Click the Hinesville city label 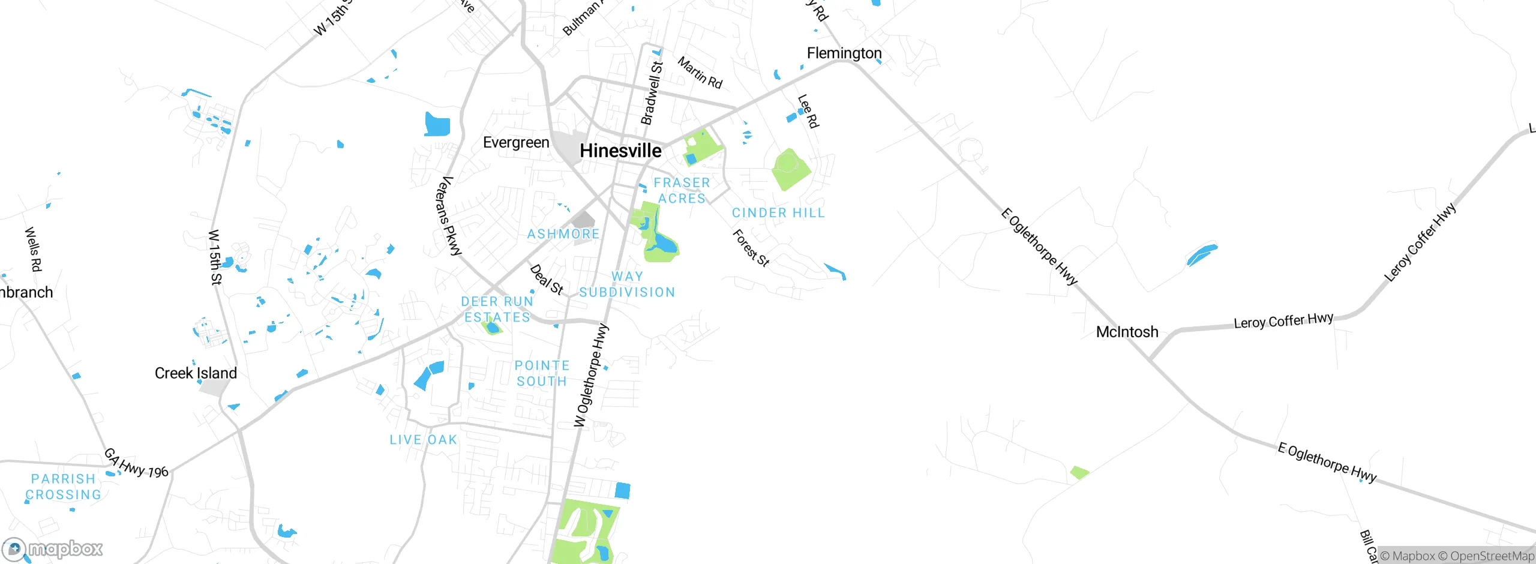click(620, 151)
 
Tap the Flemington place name click(844, 53)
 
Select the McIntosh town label click(1127, 332)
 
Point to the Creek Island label click(196, 373)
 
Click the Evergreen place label click(516, 143)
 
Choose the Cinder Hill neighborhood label click(778, 213)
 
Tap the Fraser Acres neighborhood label click(682, 190)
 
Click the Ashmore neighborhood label click(563, 234)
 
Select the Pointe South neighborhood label click(542, 373)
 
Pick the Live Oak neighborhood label click(424, 440)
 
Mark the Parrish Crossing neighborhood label click(64, 487)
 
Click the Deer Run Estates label click(497, 309)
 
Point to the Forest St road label click(751, 248)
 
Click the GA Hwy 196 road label click(136, 463)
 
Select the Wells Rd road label click(33, 249)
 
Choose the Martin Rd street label click(700, 73)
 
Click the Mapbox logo click(53, 549)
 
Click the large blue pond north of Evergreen click(437, 124)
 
